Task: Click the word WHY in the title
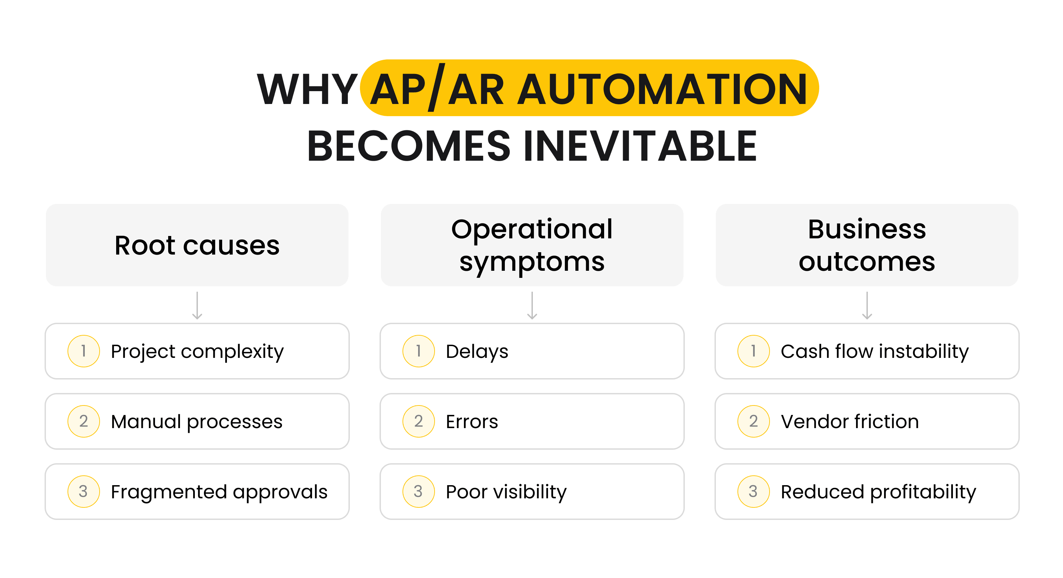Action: [x=307, y=89]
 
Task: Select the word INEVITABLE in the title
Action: [x=640, y=146]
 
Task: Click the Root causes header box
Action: [x=197, y=245]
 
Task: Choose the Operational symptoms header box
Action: [x=531, y=245]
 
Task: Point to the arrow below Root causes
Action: [x=197, y=306]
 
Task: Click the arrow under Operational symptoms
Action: [x=532, y=306]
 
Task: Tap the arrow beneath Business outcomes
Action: [x=867, y=306]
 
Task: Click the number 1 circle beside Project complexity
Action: [x=83, y=351]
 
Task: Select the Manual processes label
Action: [x=197, y=422]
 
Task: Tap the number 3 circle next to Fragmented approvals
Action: [x=83, y=491]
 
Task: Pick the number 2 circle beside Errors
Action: [x=418, y=421]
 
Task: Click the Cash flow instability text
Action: [x=875, y=351]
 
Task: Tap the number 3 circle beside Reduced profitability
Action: [x=753, y=491]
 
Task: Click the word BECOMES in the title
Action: [x=409, y=146]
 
